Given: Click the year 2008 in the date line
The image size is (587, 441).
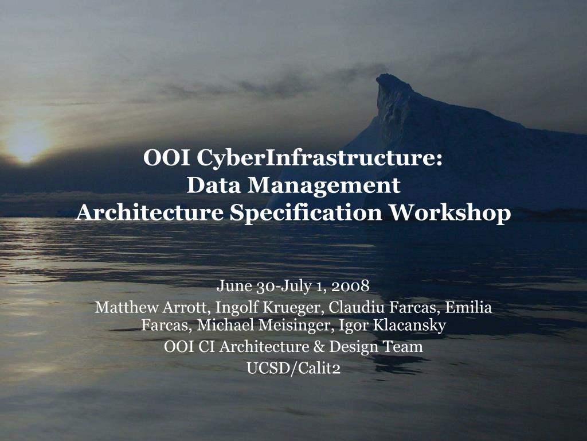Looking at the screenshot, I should coord(350,285).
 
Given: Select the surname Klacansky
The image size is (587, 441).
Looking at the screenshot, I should coord(409,326).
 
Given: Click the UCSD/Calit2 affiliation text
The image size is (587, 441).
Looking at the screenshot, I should coord(293,368).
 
